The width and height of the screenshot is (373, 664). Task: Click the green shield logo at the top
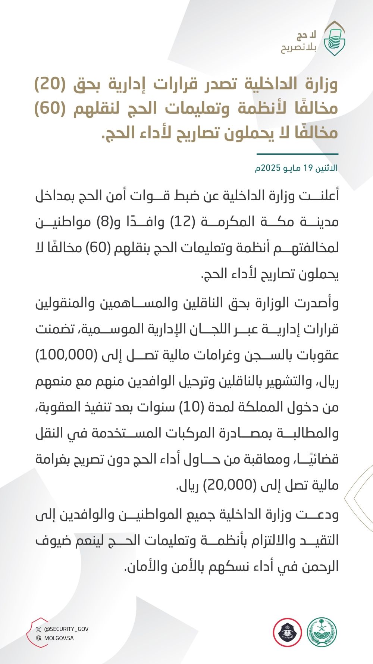pos(334,39)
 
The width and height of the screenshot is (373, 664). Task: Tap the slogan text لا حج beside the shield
pos(306,35)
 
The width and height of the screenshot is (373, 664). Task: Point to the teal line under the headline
pos(297,154)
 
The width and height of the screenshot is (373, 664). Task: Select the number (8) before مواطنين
pos(104,222)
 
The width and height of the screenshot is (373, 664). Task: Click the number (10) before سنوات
pos(191,407)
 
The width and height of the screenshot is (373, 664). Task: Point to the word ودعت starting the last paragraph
pos(323,515)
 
